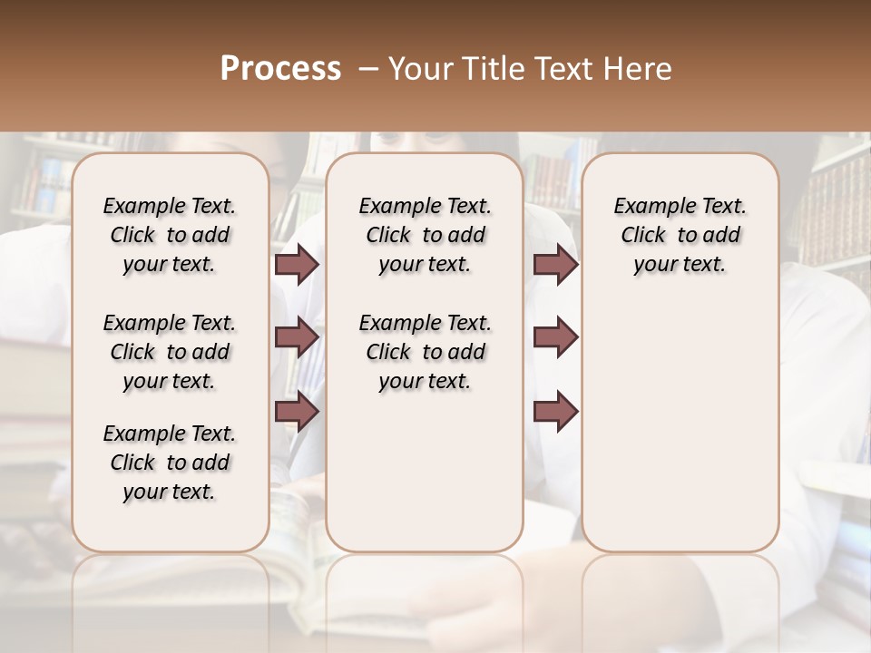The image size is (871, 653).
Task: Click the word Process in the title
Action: (280, 68)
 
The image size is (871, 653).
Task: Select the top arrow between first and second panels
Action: (297, 265)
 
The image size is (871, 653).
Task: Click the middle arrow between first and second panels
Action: (297, 337)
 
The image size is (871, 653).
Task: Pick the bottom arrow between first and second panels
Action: (297, 412)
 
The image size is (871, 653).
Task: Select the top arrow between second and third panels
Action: (555, 265)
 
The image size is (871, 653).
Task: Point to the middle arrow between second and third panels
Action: (555, 337)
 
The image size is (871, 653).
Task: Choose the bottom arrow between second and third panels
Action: (555, 412)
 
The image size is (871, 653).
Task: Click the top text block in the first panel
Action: (170, 235)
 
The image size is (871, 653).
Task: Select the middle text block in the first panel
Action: (170, 352)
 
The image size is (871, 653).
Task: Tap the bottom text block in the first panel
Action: (170, 463)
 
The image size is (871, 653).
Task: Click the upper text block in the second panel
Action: (425, 235)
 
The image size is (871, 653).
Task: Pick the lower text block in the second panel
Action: (425, 352)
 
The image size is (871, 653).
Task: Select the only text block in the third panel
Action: (680, 235)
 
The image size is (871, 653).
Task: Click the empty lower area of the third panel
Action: (680, 426)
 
